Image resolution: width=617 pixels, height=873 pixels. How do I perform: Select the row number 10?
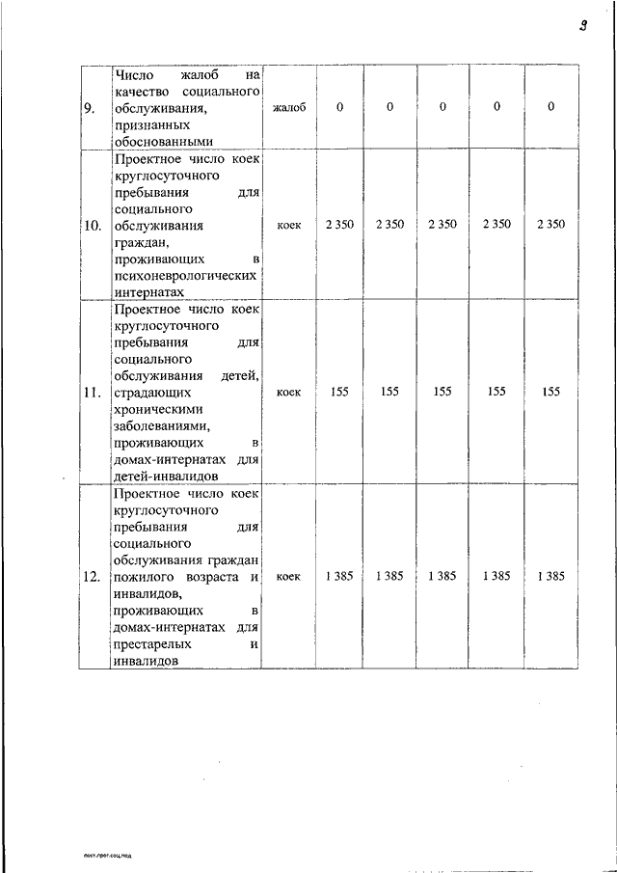point(93,225)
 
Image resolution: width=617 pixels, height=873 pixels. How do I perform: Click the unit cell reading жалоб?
point(289,107)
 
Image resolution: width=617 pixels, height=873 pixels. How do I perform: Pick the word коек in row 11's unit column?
point(288,393)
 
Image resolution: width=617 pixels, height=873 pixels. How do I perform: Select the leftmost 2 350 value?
point(338,225)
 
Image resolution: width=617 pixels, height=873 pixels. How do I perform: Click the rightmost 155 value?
point(550,393)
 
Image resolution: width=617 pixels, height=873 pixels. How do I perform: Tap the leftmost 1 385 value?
point(338,577)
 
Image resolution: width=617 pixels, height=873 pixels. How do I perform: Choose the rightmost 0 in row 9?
point(550,107)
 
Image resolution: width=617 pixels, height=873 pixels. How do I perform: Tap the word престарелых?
point(151,643)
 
